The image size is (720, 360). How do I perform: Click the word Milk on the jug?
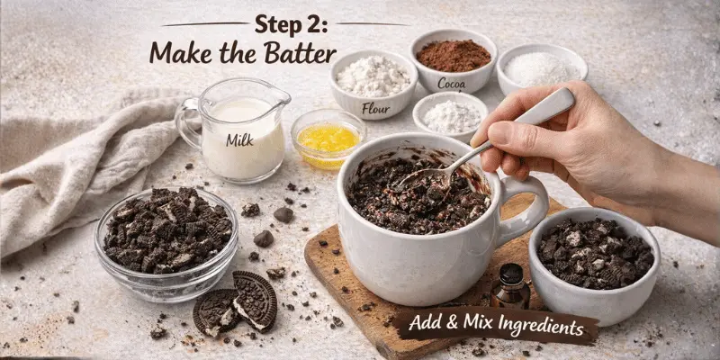point(239,139)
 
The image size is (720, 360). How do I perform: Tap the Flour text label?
point(375,109)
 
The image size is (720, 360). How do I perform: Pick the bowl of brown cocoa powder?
point(453,57)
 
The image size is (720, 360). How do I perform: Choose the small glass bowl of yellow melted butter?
point(328,138)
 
